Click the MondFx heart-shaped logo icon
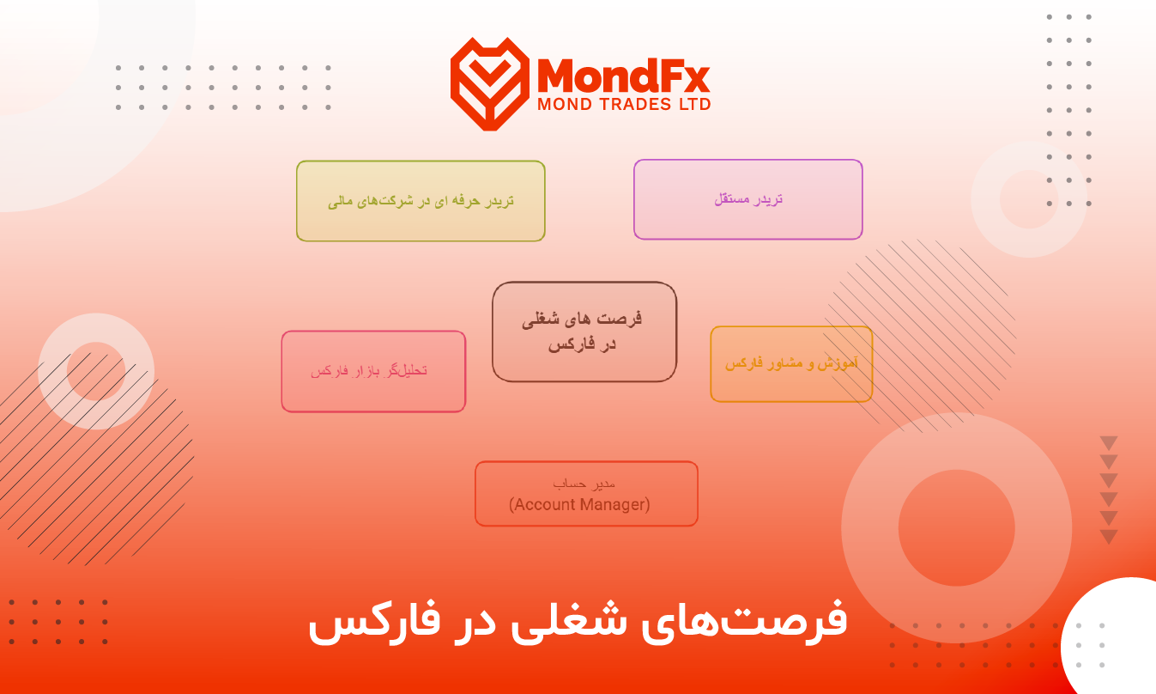[490, 83]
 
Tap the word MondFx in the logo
[623, 76]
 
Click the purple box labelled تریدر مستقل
[747, 199]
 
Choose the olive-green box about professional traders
[421, 201]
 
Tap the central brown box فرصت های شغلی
[584, 332]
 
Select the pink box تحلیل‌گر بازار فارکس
[373, 371]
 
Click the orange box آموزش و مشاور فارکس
[791, 364]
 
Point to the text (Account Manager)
[579, 504]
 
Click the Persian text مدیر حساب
[584, 484]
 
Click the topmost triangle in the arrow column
[1109, 443]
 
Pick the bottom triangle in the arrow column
[1109, 537]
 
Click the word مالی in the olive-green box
[340, 201]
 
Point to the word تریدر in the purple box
[767, 199]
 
